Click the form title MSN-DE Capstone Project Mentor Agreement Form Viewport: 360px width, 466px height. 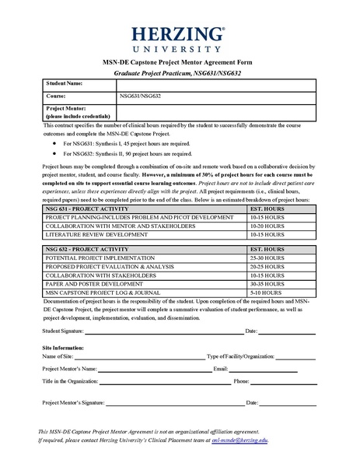point(180,61)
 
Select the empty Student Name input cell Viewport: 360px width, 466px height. point(217,83)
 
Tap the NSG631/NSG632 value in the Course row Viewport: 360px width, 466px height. point(140,96)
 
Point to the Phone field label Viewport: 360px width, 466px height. point(241,381)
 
